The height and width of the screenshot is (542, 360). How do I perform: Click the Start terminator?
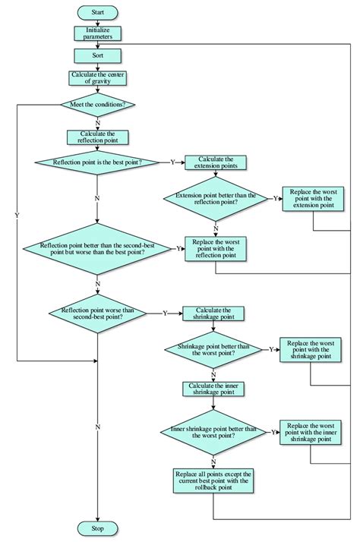click(x=98, y=13)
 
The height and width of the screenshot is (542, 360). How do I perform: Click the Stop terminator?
click(x=98, y=528)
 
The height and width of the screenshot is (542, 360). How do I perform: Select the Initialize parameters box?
click(x=98, y=33)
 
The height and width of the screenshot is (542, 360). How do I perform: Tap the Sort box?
click(x=98, y=55)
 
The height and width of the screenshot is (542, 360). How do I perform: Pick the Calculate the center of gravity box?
click(x=98, y=78)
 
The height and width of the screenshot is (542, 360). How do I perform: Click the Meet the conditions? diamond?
click(x=98, y=105)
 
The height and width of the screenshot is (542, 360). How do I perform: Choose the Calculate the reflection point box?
click(x=98, y=137)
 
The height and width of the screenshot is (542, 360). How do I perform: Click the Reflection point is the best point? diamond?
click(x=98, y=162)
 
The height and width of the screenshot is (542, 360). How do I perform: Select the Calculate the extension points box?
click(x=216, y=162)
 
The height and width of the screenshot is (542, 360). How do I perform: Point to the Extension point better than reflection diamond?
click(x=216, y=199)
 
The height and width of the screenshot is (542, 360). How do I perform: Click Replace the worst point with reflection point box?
click(x=216, y=248)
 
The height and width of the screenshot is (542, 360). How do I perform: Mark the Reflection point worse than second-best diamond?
click(x=98, y=313)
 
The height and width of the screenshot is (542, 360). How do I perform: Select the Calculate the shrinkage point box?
click(x=213, y=313)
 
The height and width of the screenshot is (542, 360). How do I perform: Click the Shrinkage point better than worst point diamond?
click(x=213, y=349)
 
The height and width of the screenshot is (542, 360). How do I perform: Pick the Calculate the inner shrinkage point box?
click(x=213, y=388)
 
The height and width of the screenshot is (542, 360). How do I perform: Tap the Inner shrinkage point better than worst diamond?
click(x=213, y=432)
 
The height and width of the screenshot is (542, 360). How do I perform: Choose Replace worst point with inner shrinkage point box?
click(x=309, y=431)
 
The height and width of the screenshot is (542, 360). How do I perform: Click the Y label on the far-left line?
click(x=16, y=216)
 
